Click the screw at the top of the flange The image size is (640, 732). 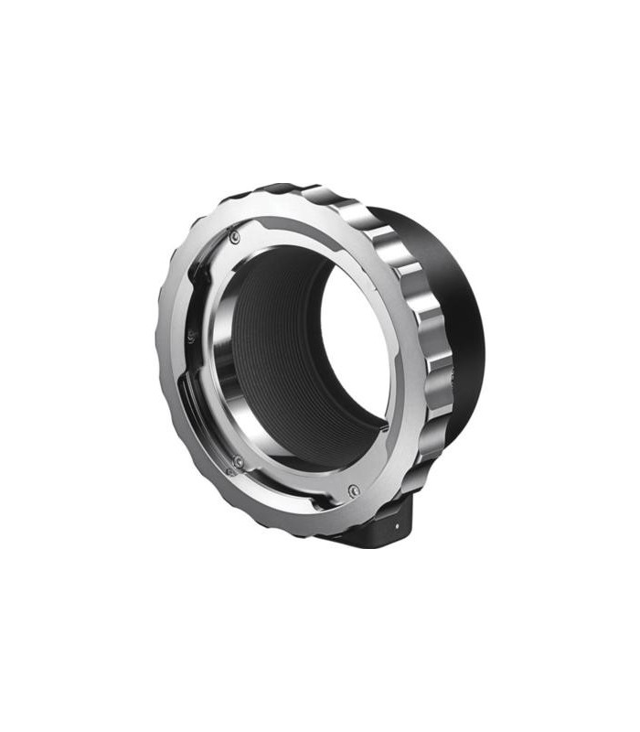click(x=235, y=237)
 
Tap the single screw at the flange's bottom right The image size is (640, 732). click(x=353, y=491)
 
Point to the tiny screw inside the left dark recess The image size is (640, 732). click(x=192, y=336)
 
